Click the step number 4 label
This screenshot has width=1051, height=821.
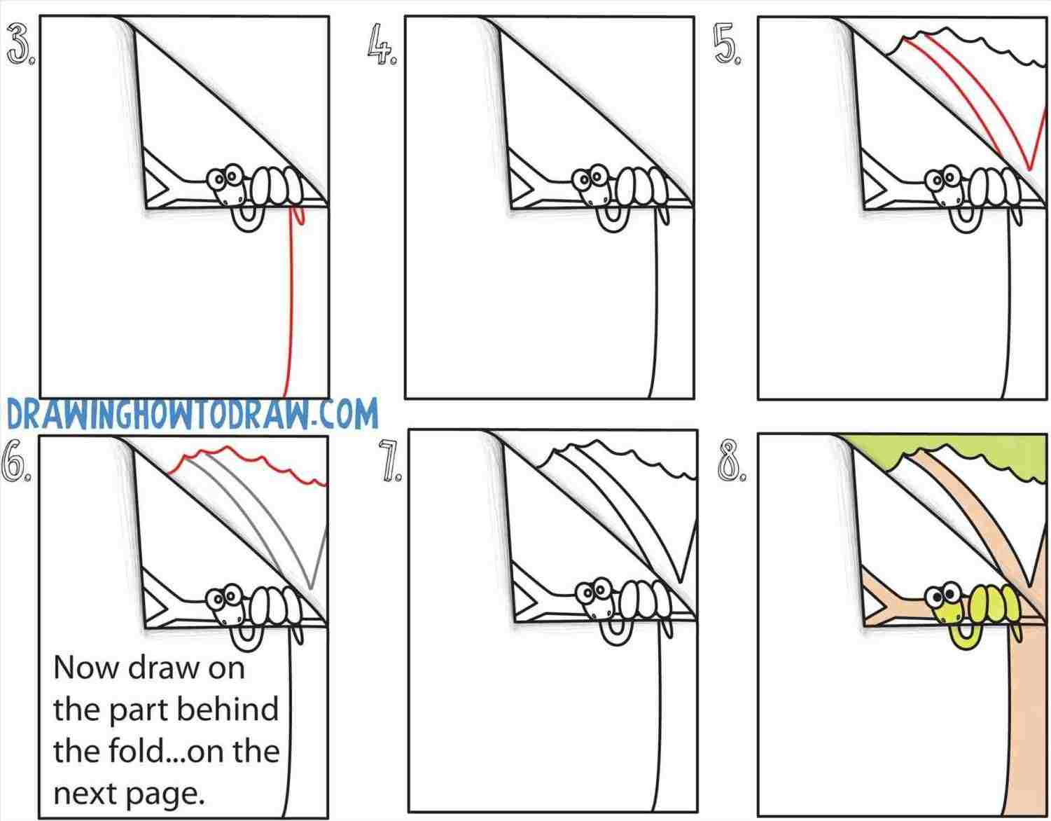[x=382, y=47]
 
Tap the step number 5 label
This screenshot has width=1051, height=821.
[x=728, y=47]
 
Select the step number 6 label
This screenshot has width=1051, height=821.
[x=18, y=461]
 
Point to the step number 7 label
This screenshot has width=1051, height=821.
[x=389, y=462]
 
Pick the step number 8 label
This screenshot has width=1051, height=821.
[x=732, y=462]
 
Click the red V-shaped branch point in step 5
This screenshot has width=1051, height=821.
[x=1028, y=167]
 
